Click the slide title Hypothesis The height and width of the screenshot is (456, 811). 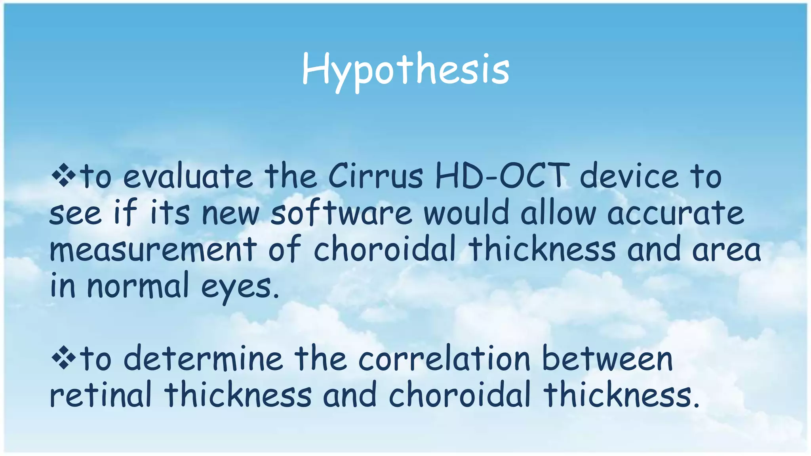click(405, 70)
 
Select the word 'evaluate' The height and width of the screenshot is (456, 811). click(188, 177)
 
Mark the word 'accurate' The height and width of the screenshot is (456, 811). click(676, 213)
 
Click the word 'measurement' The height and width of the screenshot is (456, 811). click(153, 249)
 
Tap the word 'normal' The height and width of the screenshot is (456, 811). click(138, 286)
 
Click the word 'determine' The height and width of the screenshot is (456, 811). click(203, 358)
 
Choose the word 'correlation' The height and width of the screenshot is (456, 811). click(444, 358)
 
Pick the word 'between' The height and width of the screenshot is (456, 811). click(607, 358)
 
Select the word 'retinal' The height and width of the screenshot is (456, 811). click(101, 395)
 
